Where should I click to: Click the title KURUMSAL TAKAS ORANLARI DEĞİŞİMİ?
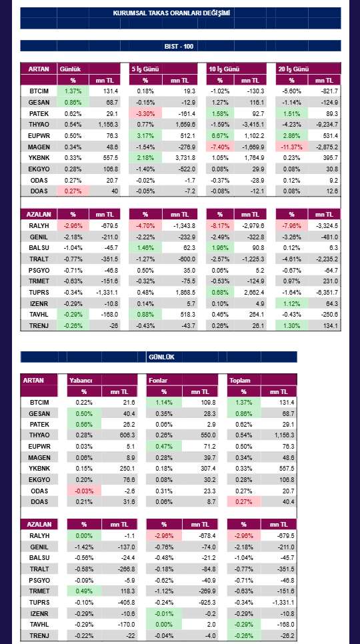(x=171, y=13)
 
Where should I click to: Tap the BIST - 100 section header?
(x=179, y=47)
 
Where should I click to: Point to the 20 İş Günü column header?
(x=293, y=69)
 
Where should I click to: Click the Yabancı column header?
(x=81, y=380)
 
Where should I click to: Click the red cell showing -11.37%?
(x=291, y=147)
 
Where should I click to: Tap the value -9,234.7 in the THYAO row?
(x=325, y=125)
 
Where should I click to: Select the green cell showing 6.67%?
(x=219, y=135)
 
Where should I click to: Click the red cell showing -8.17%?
(x=219, y=225)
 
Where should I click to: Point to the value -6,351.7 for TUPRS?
(x=325, y=293)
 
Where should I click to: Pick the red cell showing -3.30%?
(x=145, y=113)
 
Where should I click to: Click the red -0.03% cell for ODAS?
(x=84, y=491)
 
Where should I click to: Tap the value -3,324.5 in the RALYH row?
(x=325, y=225)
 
